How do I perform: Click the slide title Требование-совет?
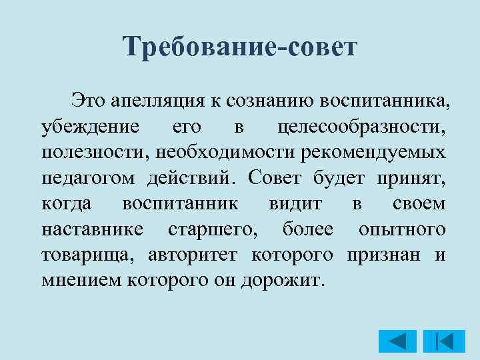click(241, 47)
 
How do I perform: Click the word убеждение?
click(90, 126)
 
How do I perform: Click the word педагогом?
click(89, 177)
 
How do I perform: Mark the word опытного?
click(402, 229)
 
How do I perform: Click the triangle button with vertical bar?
click(439, 341)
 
